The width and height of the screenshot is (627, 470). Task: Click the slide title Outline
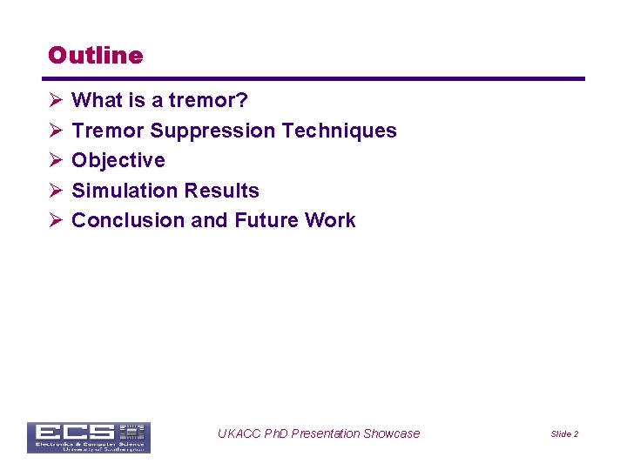click(95, 56)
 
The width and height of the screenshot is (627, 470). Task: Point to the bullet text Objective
click(118, 161)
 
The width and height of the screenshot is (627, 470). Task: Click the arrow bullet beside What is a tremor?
click(55, 101)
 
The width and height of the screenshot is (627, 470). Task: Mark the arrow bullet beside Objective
click(55, 161)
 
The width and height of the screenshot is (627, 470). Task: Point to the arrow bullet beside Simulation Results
click(55, 191)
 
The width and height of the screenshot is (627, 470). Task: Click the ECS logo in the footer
click(88, 437)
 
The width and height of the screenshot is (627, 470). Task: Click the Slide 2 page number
click(564, 434)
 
